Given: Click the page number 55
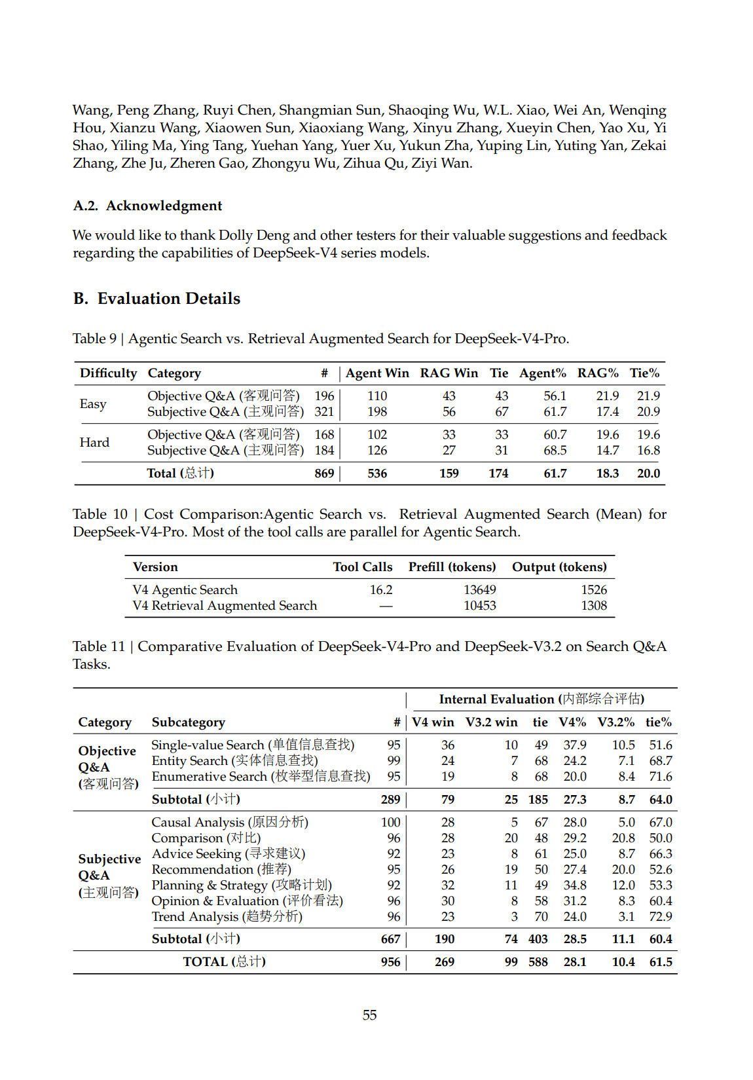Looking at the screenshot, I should pos(369,1015).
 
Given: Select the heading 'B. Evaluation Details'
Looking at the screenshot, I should pos(156,299).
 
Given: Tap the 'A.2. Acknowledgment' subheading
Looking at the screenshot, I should pos(147,206).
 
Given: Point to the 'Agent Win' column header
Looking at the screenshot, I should pos(377,373).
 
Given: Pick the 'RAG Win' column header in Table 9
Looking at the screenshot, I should pos(449,373).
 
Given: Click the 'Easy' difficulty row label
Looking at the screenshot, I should pos(93,404).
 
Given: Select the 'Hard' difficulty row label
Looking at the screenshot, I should pos(94,443).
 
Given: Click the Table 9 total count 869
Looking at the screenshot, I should pos(324,474).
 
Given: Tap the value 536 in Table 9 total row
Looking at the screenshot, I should pos(377,474).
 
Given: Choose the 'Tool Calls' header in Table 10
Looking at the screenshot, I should pos(363,567).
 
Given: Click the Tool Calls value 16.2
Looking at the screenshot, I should pos(381,590).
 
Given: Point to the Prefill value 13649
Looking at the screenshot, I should pos(480,590).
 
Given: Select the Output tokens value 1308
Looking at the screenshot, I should pos(594,606).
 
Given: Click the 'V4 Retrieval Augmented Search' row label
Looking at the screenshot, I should pos(225,606).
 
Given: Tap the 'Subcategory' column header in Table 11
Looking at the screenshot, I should pos(189,722).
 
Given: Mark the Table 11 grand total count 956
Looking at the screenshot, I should pos(390,962).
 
